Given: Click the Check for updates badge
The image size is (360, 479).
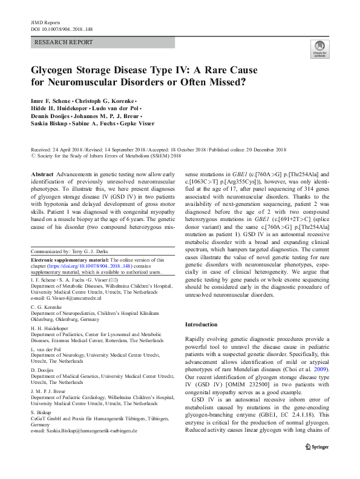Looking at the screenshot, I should pyautogui.click(x=319, y=49).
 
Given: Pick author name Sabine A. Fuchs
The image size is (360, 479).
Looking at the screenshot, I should pyautogui.click(x=92, y=124).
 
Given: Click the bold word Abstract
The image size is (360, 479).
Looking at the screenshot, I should pyautogui.click(x=42, y=173).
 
